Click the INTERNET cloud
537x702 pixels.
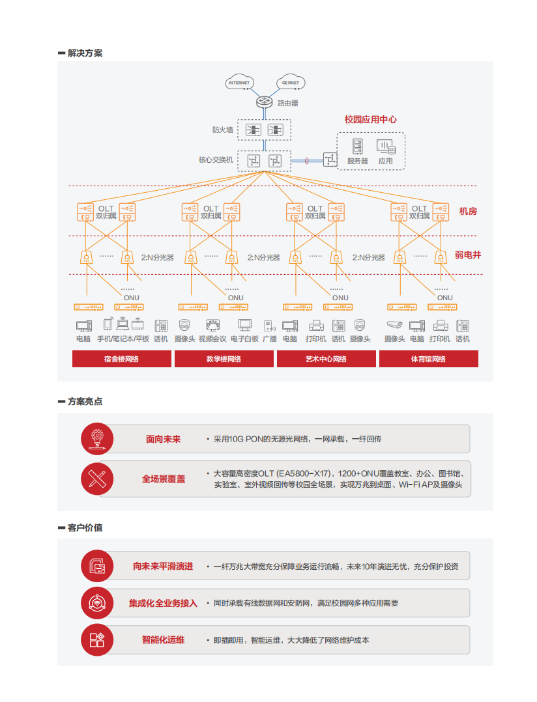click(240, 82)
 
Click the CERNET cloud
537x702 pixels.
click(291, 82)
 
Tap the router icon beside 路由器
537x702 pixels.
click(264, 102)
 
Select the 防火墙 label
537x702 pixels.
click(223, 130)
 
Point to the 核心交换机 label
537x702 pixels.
click(216, 160)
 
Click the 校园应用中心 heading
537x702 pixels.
click(370, 120)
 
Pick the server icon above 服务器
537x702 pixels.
click(357, 147)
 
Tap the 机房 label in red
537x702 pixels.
click(468, 211)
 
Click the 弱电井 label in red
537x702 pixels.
click(468, 255)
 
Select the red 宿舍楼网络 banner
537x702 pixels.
click(122, 359)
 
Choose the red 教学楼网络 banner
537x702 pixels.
click(224, 359)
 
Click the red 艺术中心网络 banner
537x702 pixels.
click(326, 359)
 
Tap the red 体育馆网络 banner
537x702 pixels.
click(429, 359)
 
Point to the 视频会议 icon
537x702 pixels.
click(212, 325)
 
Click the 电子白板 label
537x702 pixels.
click(244, 339)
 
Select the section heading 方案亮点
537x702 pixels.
click(85, 402)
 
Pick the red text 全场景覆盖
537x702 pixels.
click(164, 479)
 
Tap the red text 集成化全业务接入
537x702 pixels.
click(163, 604)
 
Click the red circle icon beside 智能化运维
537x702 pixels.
click(97, 639)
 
